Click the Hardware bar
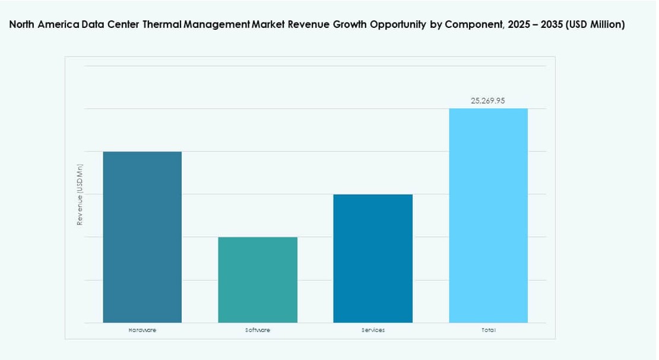point(142,237)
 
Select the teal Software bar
point(258,280)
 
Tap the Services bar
point(373,258)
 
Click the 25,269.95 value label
point(488,101)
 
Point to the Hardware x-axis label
point(142,330)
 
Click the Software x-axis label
point(258,330)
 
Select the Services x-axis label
point(373,330)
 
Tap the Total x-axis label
point(489,330)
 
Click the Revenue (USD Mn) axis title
point(80,195)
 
